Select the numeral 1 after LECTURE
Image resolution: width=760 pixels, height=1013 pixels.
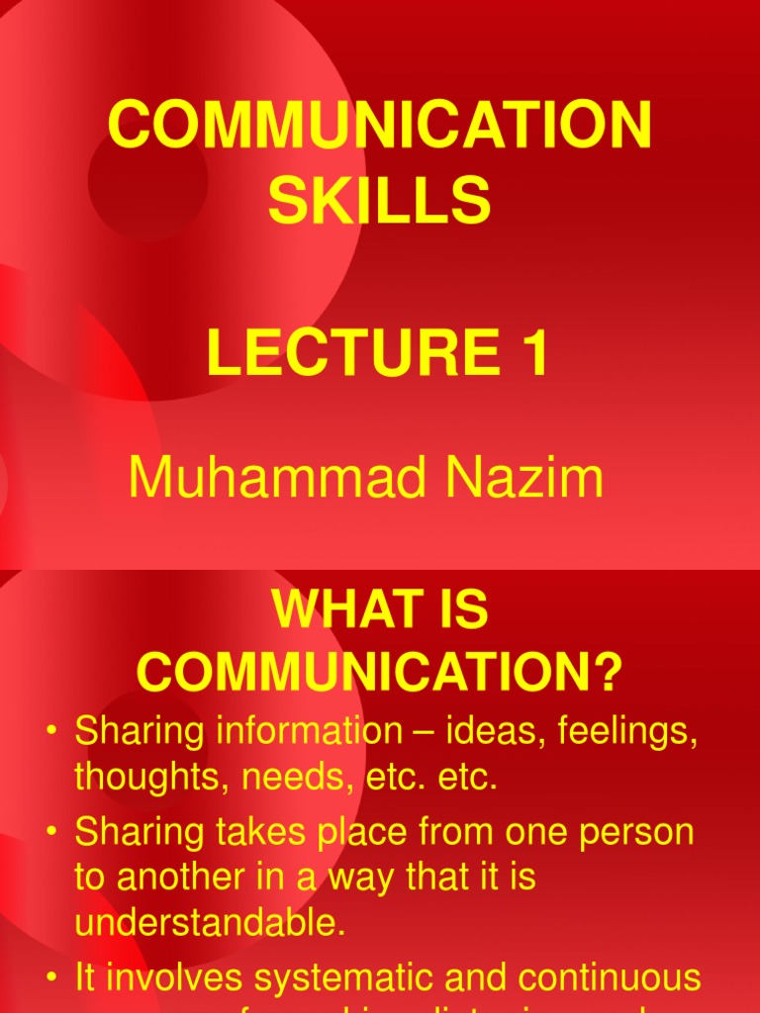(531, 354)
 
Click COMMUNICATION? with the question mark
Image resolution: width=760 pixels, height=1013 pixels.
(380, 674)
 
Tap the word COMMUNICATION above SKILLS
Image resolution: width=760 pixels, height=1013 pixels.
(380, 127)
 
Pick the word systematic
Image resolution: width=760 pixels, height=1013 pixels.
(357, 979)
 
